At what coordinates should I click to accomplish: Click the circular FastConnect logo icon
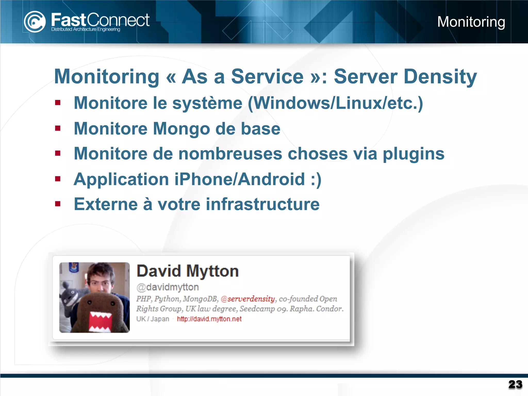pyautogui.click(x=35, y=22)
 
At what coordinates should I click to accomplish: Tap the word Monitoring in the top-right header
pyautogui.click(x=471, y=22)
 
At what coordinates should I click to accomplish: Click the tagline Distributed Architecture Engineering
pyautogui.click(x=86, y=29)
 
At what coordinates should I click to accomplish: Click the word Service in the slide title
pyautogui.click(x=267, y=77)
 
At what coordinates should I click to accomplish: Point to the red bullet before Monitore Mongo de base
pyautogui.click(x=58, y=128)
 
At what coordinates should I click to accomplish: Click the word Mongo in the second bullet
pyautogui.click(x=181, y=129)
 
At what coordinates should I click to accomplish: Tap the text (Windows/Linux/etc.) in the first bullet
pyautogui.click(x=335, y=103)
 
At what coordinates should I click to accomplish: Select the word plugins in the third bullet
pyautogui.click(x=414, y=154)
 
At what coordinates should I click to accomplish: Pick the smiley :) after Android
pyautogui.click(x=316, y=179)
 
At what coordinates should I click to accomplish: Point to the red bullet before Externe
pyautogui.click(x=58, y=204)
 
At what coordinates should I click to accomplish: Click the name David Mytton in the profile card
pyautogui.click(x=188, y=271)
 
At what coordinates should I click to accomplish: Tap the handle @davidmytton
pyautogui.click(x=168, y=287)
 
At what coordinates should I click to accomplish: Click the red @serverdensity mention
pyautogui.click(x=248, y=299)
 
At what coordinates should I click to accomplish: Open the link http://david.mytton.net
pyautogui.click(x=209, y=319)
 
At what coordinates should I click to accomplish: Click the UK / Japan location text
pyautogui.click(x=153, y=319)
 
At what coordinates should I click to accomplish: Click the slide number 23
pyautogui.click(x=515, y=384)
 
